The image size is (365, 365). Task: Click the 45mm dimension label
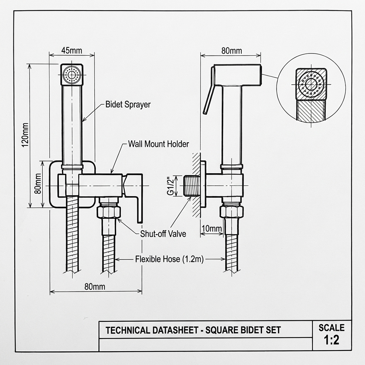[x=71, y=50]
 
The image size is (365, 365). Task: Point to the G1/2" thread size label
[x=170, y=185]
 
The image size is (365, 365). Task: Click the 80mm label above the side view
[x=231, y=51]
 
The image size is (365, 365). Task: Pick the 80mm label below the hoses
[x=94, y=286]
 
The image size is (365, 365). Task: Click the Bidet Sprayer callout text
[x=128, y=104]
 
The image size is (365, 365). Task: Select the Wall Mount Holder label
[x=158, y=144]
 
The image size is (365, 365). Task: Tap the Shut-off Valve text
[x=163, y=234]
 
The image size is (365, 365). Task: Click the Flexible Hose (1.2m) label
[x=169, y=259]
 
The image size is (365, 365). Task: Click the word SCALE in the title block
[x=331, y=327]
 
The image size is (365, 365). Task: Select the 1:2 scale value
[x=331, y=340]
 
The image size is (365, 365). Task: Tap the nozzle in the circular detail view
[x=311, y=85]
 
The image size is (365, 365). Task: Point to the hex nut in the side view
[x=232, y=212]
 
